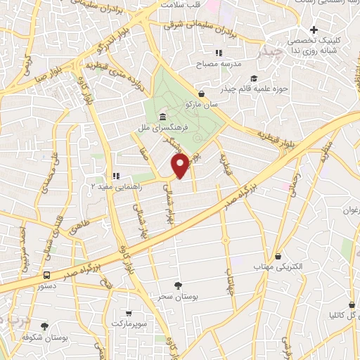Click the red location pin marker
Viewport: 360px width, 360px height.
(x=180, y=166)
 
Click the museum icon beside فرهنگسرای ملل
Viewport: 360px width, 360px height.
(x=163, y=117)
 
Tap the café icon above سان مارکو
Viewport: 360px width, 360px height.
(x=202, y=93)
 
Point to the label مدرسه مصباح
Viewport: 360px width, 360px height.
(x=222, y=64)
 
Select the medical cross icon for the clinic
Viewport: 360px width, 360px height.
(x=314, y=30)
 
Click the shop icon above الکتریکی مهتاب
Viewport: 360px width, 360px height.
(x=281, y=257)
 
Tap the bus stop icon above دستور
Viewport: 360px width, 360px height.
(x=46, y=275)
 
